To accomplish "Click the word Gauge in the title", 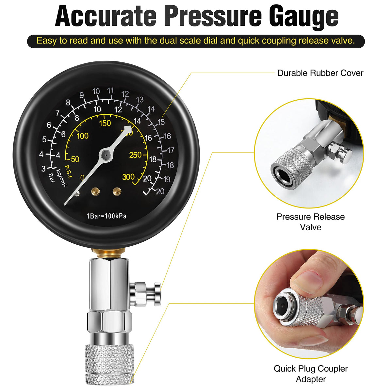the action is pyautogui.click(x=304, y=17).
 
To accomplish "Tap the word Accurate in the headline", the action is pyautogui.click(x=106, y=16).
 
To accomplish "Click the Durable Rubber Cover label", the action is pyautogui.click(x=320, y=73).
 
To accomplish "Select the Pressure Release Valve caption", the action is pyautogui.click(x=310, y=222).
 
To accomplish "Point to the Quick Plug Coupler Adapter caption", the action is pyautogui.click(x=311, y=374).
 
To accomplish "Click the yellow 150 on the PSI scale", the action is pyautogui.click(x=105, y=123).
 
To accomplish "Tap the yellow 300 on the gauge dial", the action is pyautogui.click(x=128, y=177).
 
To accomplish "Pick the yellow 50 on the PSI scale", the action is pyautogui.click(x=75, y=159).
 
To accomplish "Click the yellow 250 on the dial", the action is pyautogui.click(x=135, y=155).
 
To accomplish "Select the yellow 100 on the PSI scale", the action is pyautogui.click(x=83, y=136).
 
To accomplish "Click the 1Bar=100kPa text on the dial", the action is pyautogui.click(x=106, y=216).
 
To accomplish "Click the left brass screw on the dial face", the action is pyautogui.click(x=95, y=191).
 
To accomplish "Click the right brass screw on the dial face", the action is pyautogui.click(x=117, y=191).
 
